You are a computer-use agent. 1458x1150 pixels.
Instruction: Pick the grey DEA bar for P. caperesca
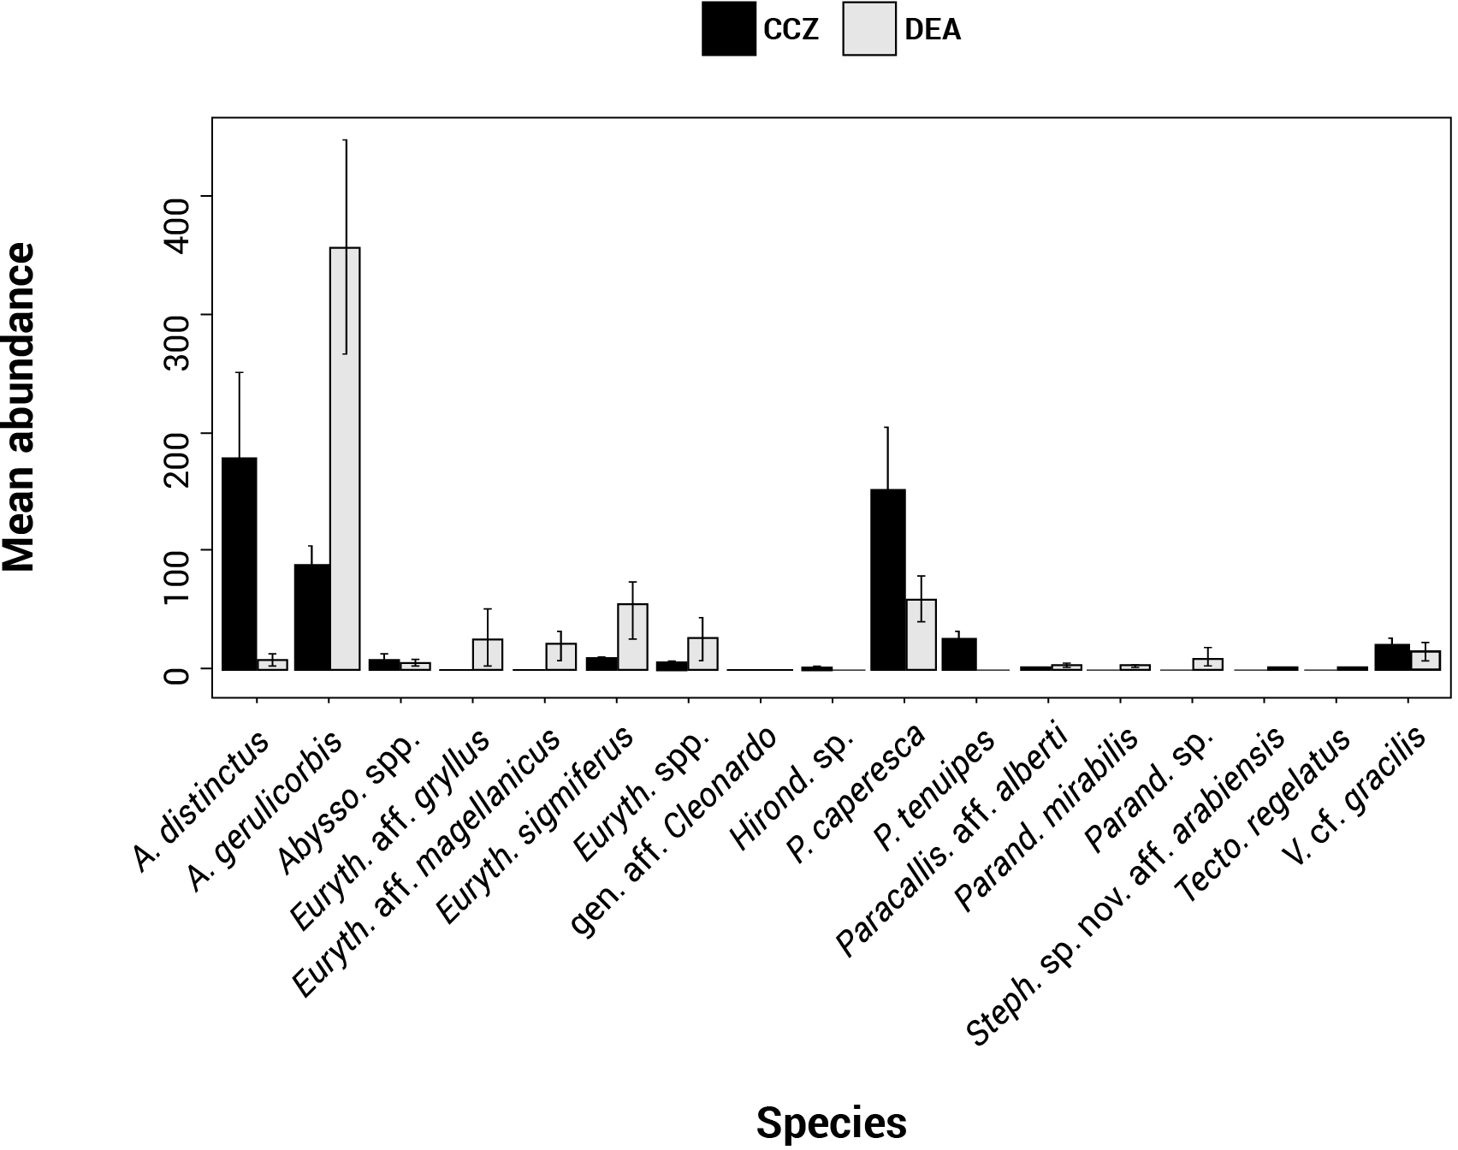[x=922, y=634]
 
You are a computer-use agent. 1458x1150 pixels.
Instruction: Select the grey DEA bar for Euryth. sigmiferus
[x=632, y=637]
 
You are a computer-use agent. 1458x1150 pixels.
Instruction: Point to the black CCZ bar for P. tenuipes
[x=960, y=654]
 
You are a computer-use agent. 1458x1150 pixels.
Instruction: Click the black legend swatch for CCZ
[x=728, y=29]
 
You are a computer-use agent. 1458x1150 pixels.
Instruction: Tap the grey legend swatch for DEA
[x=868, y=29]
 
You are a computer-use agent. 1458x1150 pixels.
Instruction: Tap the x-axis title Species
[x=831, y=1122]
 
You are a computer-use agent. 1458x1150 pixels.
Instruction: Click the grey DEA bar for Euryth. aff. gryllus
[x=487, y=654]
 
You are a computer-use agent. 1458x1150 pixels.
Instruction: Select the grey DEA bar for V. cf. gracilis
[x=1425, y=660]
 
